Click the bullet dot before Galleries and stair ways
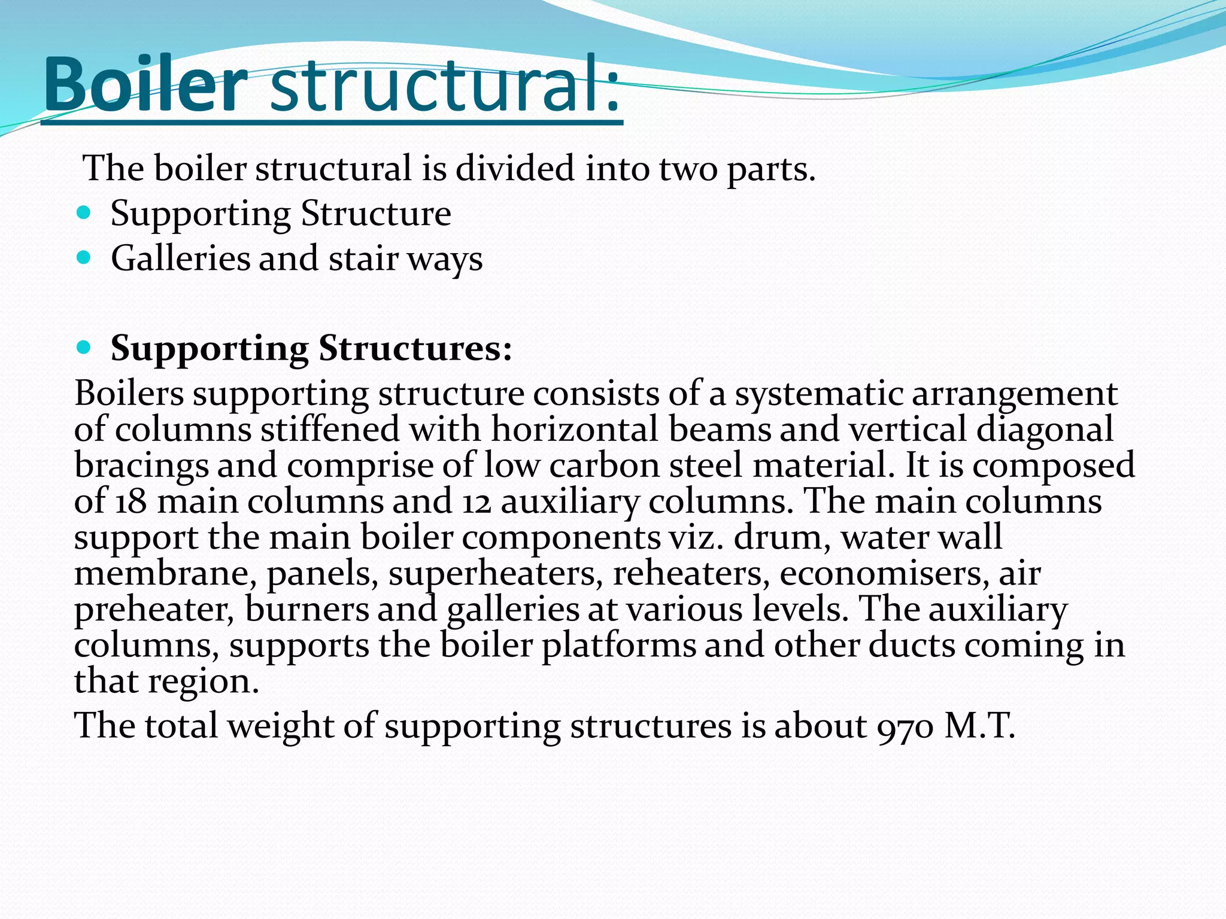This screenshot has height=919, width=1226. [84, 257]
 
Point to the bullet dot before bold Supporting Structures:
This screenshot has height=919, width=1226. [84, 347]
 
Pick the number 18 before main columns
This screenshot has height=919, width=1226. [131, 501]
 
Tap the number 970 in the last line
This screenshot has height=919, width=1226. [905, 726]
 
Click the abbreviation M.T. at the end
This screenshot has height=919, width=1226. [979, 726]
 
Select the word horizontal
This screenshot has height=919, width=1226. [575, 430]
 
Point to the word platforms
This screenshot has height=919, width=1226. [619, 645]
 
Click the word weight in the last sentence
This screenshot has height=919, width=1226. [281, 726]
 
